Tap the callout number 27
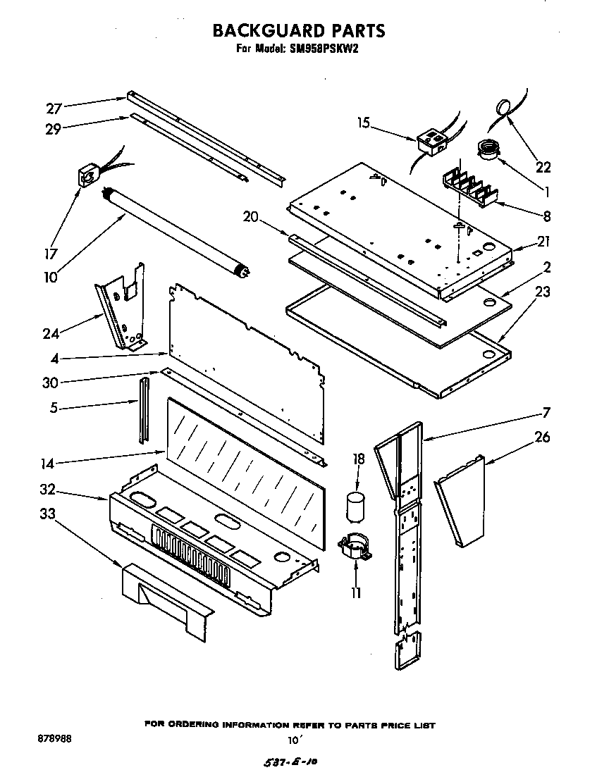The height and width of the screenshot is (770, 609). coord(54,108)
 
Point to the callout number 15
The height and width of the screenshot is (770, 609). coord(363,123)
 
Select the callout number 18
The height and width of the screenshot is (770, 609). coord(358,459)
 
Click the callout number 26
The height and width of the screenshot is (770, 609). coord(542,437)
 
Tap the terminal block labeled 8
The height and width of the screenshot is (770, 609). coord(471,187)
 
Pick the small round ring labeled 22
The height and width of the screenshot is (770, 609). coord(503,107)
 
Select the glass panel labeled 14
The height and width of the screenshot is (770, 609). coord(247,468)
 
